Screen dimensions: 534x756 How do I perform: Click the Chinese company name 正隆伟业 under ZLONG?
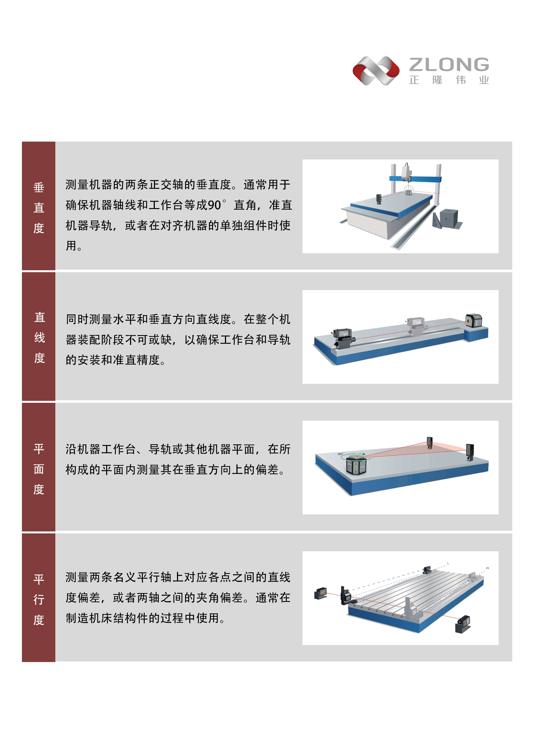[x=449, y=80]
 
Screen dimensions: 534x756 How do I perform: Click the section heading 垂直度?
[x=39, y=208]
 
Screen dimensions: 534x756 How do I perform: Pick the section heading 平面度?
[x=39, y=469]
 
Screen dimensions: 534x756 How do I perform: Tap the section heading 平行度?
[x=39, y=599]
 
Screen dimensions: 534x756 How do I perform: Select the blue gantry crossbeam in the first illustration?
[x=415, y=179]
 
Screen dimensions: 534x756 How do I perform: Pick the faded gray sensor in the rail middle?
[x=416, y=327]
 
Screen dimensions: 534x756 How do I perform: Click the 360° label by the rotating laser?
[x=340, y=454]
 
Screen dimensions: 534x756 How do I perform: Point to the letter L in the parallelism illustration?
[x=448, y=563]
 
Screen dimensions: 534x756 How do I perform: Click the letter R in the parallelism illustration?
[x=488, y=568]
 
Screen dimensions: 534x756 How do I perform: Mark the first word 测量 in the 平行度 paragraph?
[x=77, y=577]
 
